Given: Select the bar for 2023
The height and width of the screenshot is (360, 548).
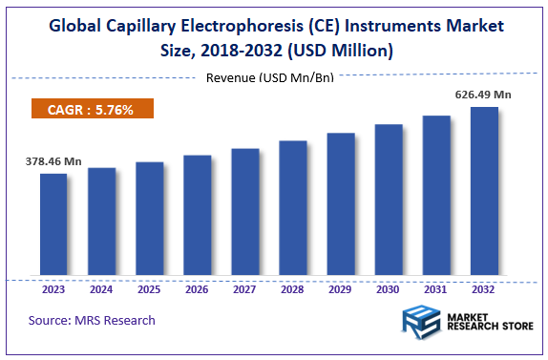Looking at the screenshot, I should click(53, 225).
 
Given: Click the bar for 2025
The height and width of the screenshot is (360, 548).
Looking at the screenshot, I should click(149, 220).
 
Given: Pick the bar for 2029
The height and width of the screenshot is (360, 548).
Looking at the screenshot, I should click(341, 205).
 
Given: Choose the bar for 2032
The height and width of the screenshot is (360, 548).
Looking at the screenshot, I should click(484, 192).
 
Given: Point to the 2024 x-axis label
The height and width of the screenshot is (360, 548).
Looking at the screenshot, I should click(101, 289).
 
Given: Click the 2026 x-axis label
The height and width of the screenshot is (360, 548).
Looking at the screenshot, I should click(197, 289).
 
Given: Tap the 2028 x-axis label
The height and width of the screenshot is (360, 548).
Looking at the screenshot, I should click(292, 289).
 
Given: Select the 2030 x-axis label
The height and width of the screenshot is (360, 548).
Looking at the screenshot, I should click(388, 289).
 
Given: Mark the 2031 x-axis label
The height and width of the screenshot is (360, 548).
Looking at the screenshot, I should click(435, 289).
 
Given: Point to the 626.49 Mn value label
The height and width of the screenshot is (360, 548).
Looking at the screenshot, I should click(484, 95).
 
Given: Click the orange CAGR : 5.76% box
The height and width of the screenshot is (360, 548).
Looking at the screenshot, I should click(93, 109).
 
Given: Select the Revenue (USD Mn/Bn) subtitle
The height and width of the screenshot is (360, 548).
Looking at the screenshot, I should click(270, 76).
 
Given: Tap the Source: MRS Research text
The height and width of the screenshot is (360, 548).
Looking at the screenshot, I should click(92, 320).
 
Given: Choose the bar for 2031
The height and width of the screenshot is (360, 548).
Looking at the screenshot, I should click(436, 197).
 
